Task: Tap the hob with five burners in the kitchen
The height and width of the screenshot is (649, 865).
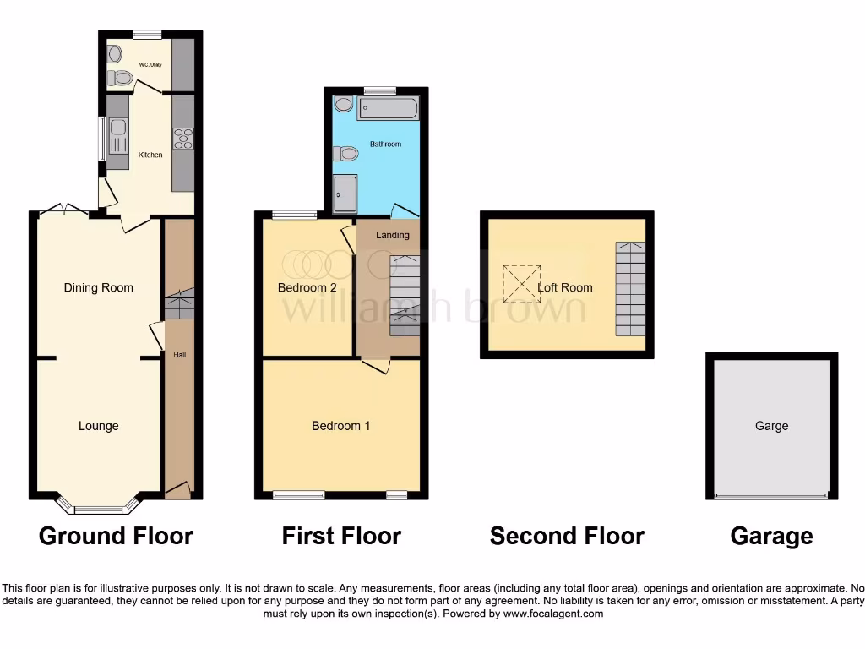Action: tap(182, 139)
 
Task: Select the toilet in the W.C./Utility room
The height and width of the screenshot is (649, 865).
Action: tap(121, 79)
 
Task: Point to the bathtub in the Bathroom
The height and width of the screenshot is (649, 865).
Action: tap(387, 108)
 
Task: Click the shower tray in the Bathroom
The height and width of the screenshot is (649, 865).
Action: tap(345, 195)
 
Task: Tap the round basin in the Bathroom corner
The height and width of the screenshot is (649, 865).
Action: tap(343, 105)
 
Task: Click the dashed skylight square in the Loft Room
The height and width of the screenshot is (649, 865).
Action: tap(521, 284)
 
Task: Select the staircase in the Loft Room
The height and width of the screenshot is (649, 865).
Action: tap(629, 288)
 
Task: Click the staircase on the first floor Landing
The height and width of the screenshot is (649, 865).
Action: tap(405, 296)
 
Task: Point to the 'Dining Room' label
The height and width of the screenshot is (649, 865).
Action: tap(99, 288)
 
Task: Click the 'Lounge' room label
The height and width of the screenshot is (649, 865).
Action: tap(99, 426)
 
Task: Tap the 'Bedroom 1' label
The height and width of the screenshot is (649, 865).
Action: tap(341, 426)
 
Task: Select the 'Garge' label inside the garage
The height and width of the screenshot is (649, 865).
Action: tap(771, 426)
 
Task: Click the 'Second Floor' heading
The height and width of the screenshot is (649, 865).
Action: tap(567, 536)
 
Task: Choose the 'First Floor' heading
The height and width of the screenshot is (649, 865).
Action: tap(341, 536)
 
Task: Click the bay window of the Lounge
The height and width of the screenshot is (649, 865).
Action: tap(98, 508)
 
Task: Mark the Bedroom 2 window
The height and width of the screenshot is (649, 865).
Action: tap(294, 215)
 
